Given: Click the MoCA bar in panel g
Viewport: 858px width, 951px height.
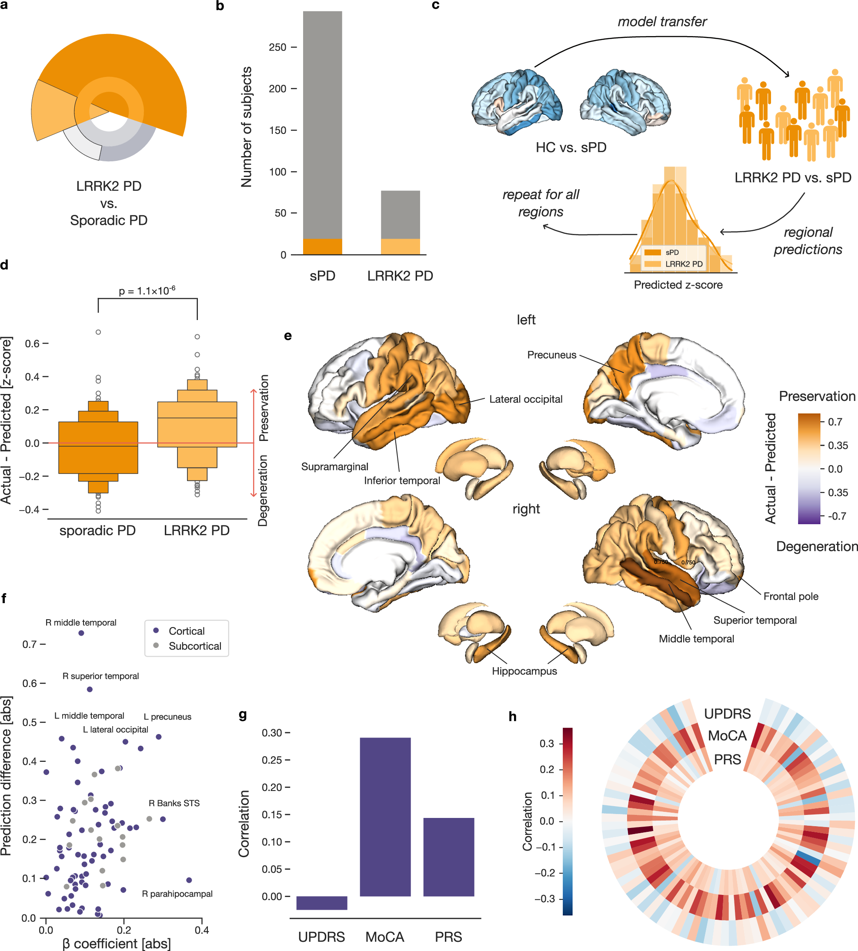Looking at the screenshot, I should coord(385,816).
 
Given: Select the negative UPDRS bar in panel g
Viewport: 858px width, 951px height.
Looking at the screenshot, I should coord(321,902).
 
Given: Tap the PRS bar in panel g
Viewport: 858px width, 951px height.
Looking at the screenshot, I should coord(448,857).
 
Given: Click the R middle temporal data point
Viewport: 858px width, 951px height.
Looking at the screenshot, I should coord(81,633).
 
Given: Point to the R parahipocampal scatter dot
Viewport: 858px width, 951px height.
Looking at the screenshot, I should coord(189,880).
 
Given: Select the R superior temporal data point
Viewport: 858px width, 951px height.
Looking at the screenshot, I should coord(90,689).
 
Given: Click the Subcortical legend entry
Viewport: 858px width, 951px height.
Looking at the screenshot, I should coord(194,646).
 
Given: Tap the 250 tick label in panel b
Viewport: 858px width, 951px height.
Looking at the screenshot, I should coord(277,47).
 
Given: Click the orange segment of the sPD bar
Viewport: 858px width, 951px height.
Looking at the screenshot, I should coord(323,247).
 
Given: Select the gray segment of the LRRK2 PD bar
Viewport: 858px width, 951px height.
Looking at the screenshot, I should coord(400,214).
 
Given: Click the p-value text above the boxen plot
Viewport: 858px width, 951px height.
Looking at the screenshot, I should coord(147,290).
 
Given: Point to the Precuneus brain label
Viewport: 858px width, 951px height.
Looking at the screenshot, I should coord(551,354).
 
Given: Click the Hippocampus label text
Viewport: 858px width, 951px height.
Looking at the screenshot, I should coord(524,671).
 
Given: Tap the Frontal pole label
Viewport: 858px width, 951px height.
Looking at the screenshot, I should coord(791,596).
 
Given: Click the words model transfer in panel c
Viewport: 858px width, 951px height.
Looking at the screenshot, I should coord(662,22).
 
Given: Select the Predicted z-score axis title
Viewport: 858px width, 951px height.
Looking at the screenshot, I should coord(678,285).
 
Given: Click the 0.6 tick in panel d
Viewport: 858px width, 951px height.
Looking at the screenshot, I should coord(32,344).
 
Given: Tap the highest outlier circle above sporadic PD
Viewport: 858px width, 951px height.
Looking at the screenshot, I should coord(98,332).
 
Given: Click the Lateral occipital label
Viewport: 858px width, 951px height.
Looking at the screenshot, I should coord(526,399).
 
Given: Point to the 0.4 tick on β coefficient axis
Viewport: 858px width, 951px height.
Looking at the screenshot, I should coord(202,929).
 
